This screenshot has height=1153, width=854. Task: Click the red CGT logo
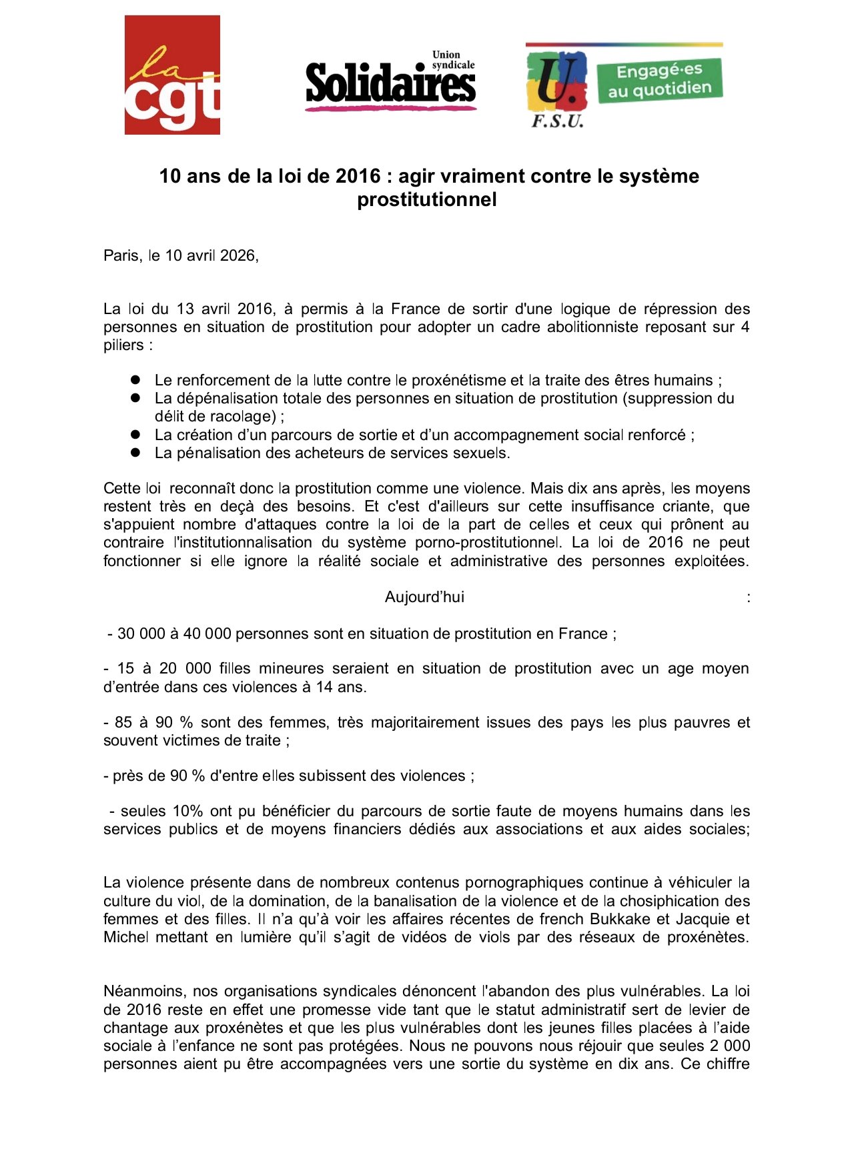click(x=172, y=75)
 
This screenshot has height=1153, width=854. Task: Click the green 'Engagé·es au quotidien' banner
click(x=659, y=80)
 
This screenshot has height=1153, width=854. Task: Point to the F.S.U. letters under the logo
click(x=557, y=121)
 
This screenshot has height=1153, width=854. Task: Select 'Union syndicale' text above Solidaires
click(x=453, y=60)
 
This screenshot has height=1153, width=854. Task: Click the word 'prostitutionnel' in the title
click(x=427, y=199)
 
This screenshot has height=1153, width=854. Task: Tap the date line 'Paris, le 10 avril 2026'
click(x=181, y=255)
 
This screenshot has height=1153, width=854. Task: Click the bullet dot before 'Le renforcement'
click(x=135, y=379)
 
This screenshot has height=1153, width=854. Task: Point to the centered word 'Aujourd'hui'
click(x=424, y=597)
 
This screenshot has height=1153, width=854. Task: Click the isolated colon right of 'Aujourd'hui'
click(x=749, y=598)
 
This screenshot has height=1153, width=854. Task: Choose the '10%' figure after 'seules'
click(x=187, y=811)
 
